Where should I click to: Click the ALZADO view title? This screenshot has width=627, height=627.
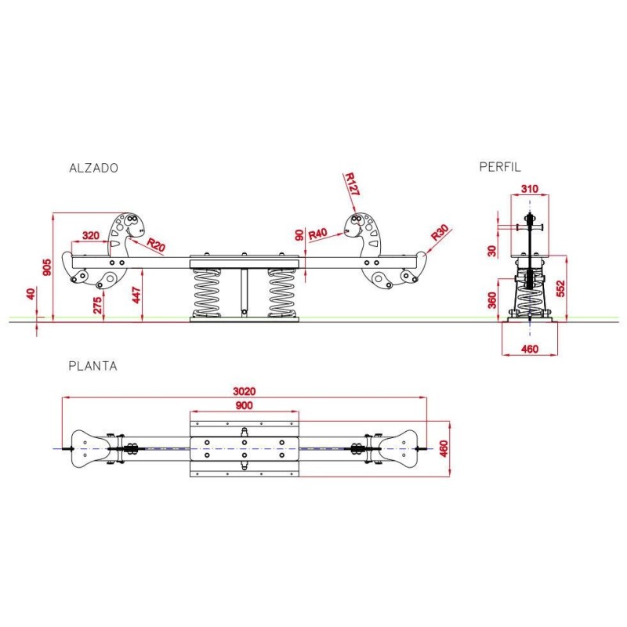(x=93, y=169)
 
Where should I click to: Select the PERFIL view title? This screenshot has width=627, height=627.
(x=500, y=166)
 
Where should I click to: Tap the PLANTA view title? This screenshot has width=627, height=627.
(x=92, y=365)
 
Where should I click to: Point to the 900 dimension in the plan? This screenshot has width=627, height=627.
(x=243, y=406)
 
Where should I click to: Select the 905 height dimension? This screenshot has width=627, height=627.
(x=45, y=267)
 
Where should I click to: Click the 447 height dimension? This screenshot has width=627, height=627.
(x=137, y=294)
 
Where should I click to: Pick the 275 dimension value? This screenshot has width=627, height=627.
(x=98, y=305)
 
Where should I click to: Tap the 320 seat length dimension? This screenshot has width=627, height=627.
(x=91, y=235)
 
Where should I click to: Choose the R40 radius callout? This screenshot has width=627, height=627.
(x=317, y=234)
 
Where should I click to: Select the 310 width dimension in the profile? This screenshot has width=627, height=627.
(x=531, y=189)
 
